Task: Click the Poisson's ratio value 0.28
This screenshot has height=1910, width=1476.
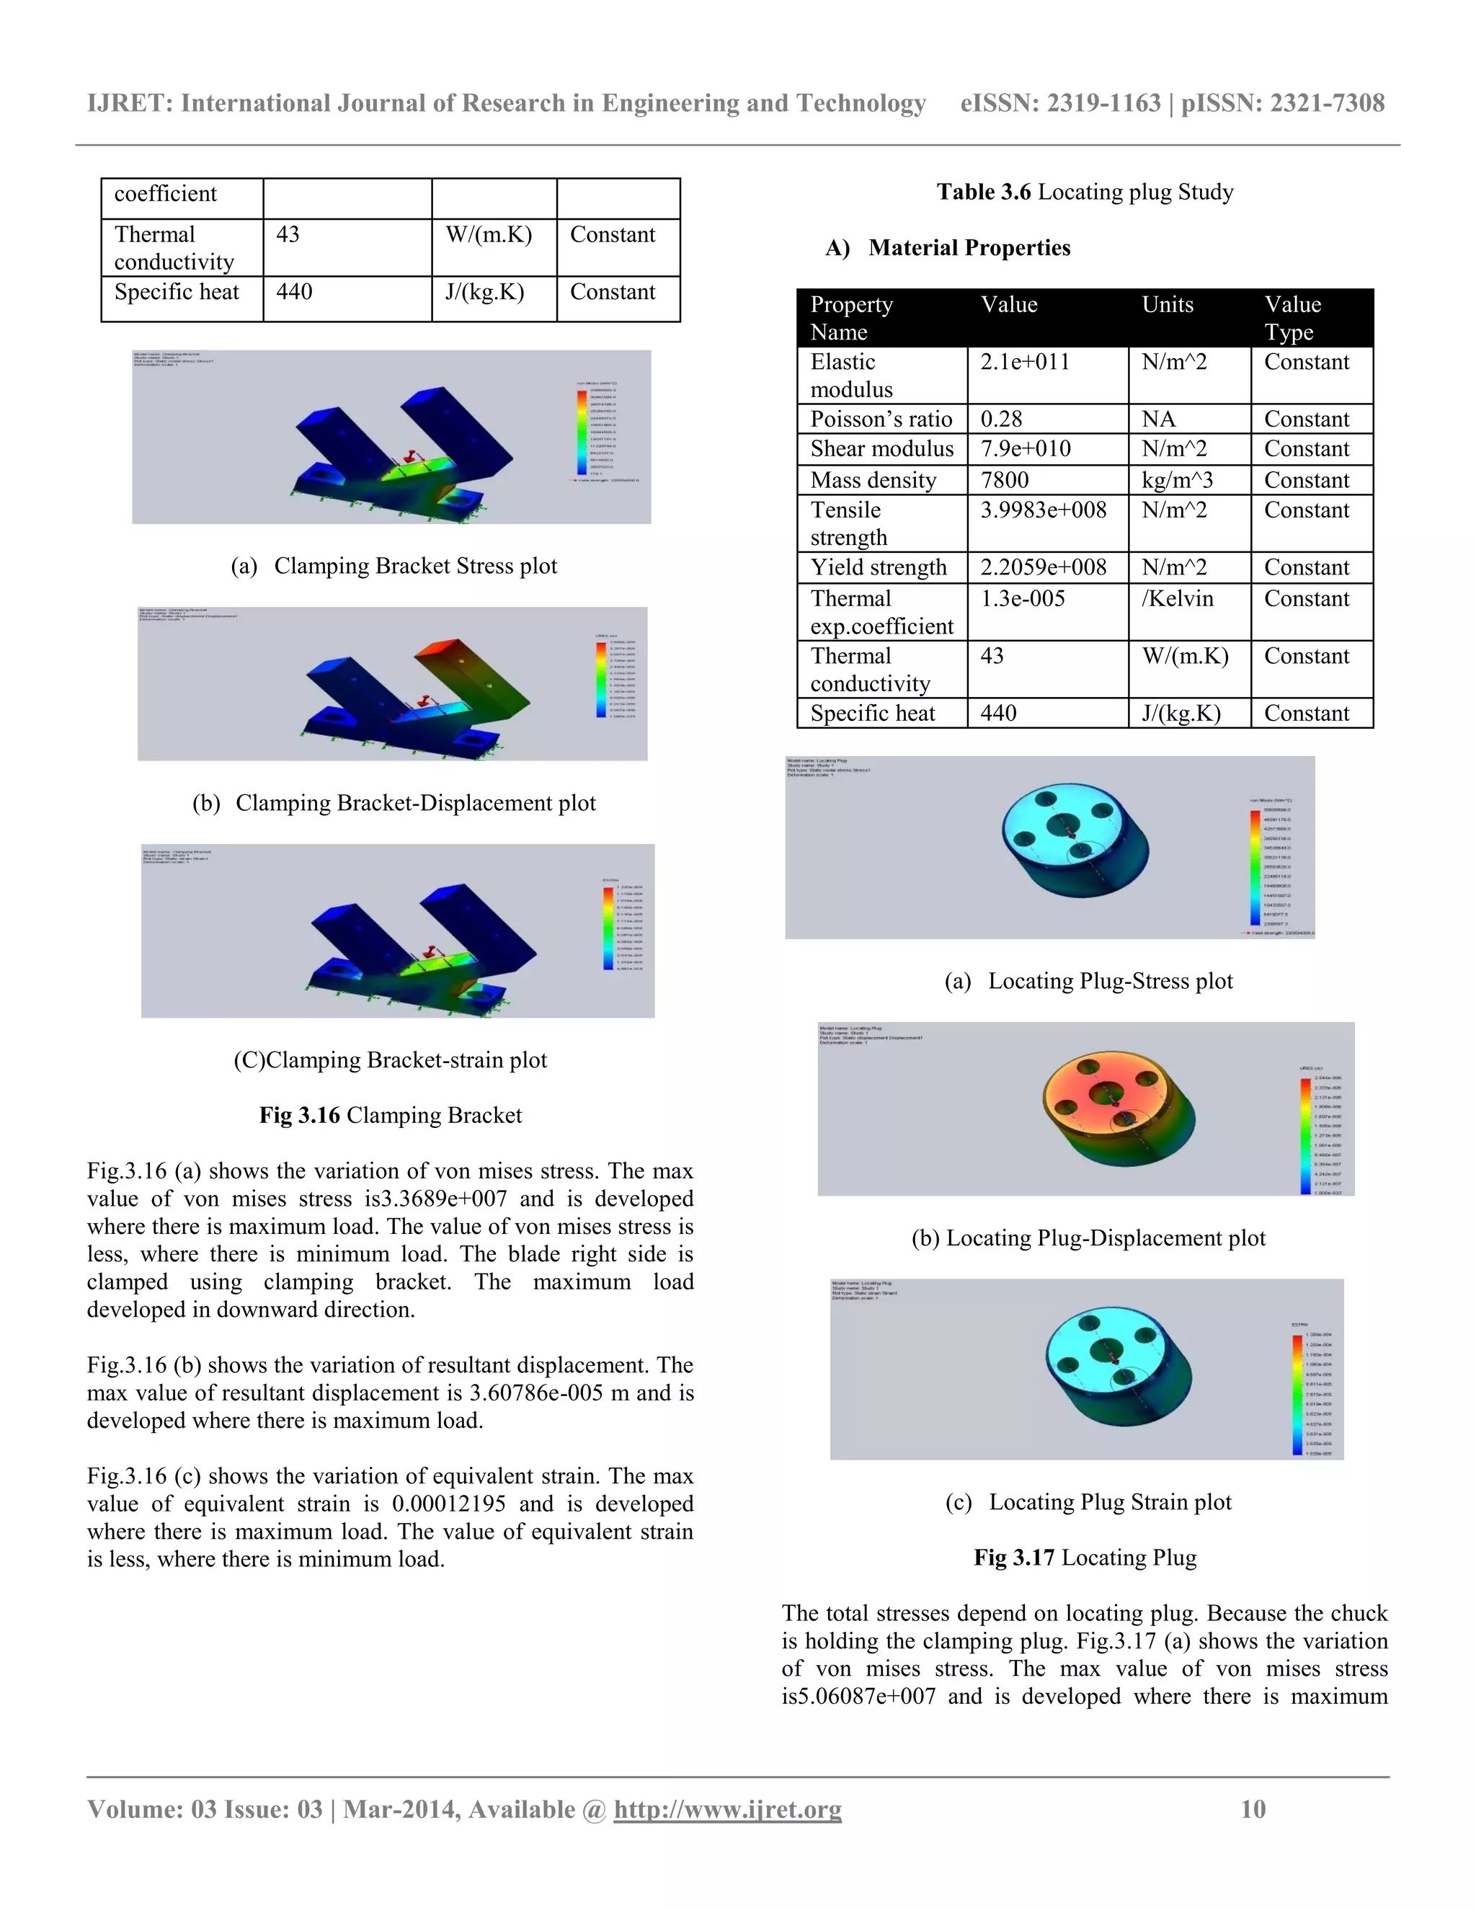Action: pos(1001,419)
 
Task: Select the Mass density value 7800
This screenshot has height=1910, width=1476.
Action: pos(1004,479)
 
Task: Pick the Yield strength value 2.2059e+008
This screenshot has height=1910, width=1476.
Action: pos(1043,567)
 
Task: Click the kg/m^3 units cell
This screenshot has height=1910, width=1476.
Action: pos(1177,479)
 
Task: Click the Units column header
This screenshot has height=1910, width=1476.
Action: pos(1168,304)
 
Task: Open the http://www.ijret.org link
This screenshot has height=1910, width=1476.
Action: pos(727,1808)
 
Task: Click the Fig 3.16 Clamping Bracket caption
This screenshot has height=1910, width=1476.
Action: pos(390,1115)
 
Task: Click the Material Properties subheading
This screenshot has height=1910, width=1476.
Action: pos(969,249)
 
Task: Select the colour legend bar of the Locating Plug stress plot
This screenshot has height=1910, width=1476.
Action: pos(1255,866)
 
